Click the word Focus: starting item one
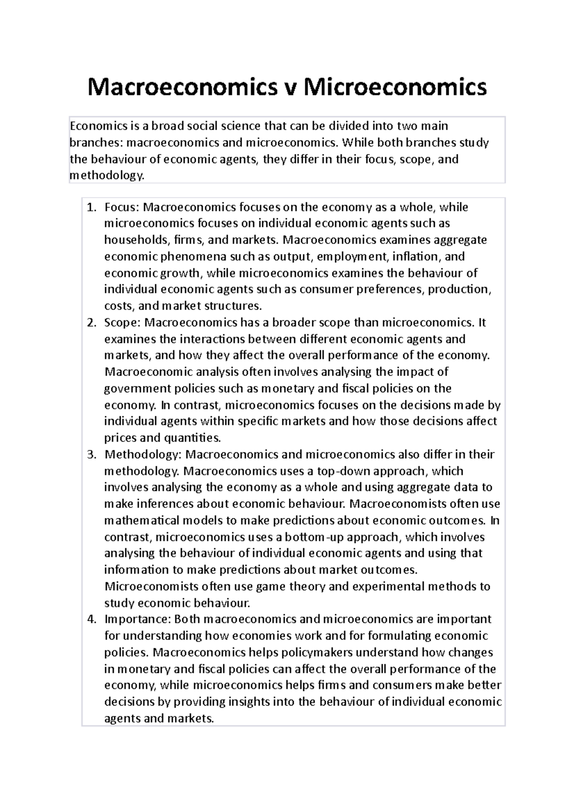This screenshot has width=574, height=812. (x=121, y=207)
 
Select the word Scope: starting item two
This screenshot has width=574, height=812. (x=122, y=323)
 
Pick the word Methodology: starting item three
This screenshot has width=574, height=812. (x=143, y=455)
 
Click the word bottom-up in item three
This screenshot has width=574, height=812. (x=316, y=537)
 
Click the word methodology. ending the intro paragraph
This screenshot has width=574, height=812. (x=106, y=176)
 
